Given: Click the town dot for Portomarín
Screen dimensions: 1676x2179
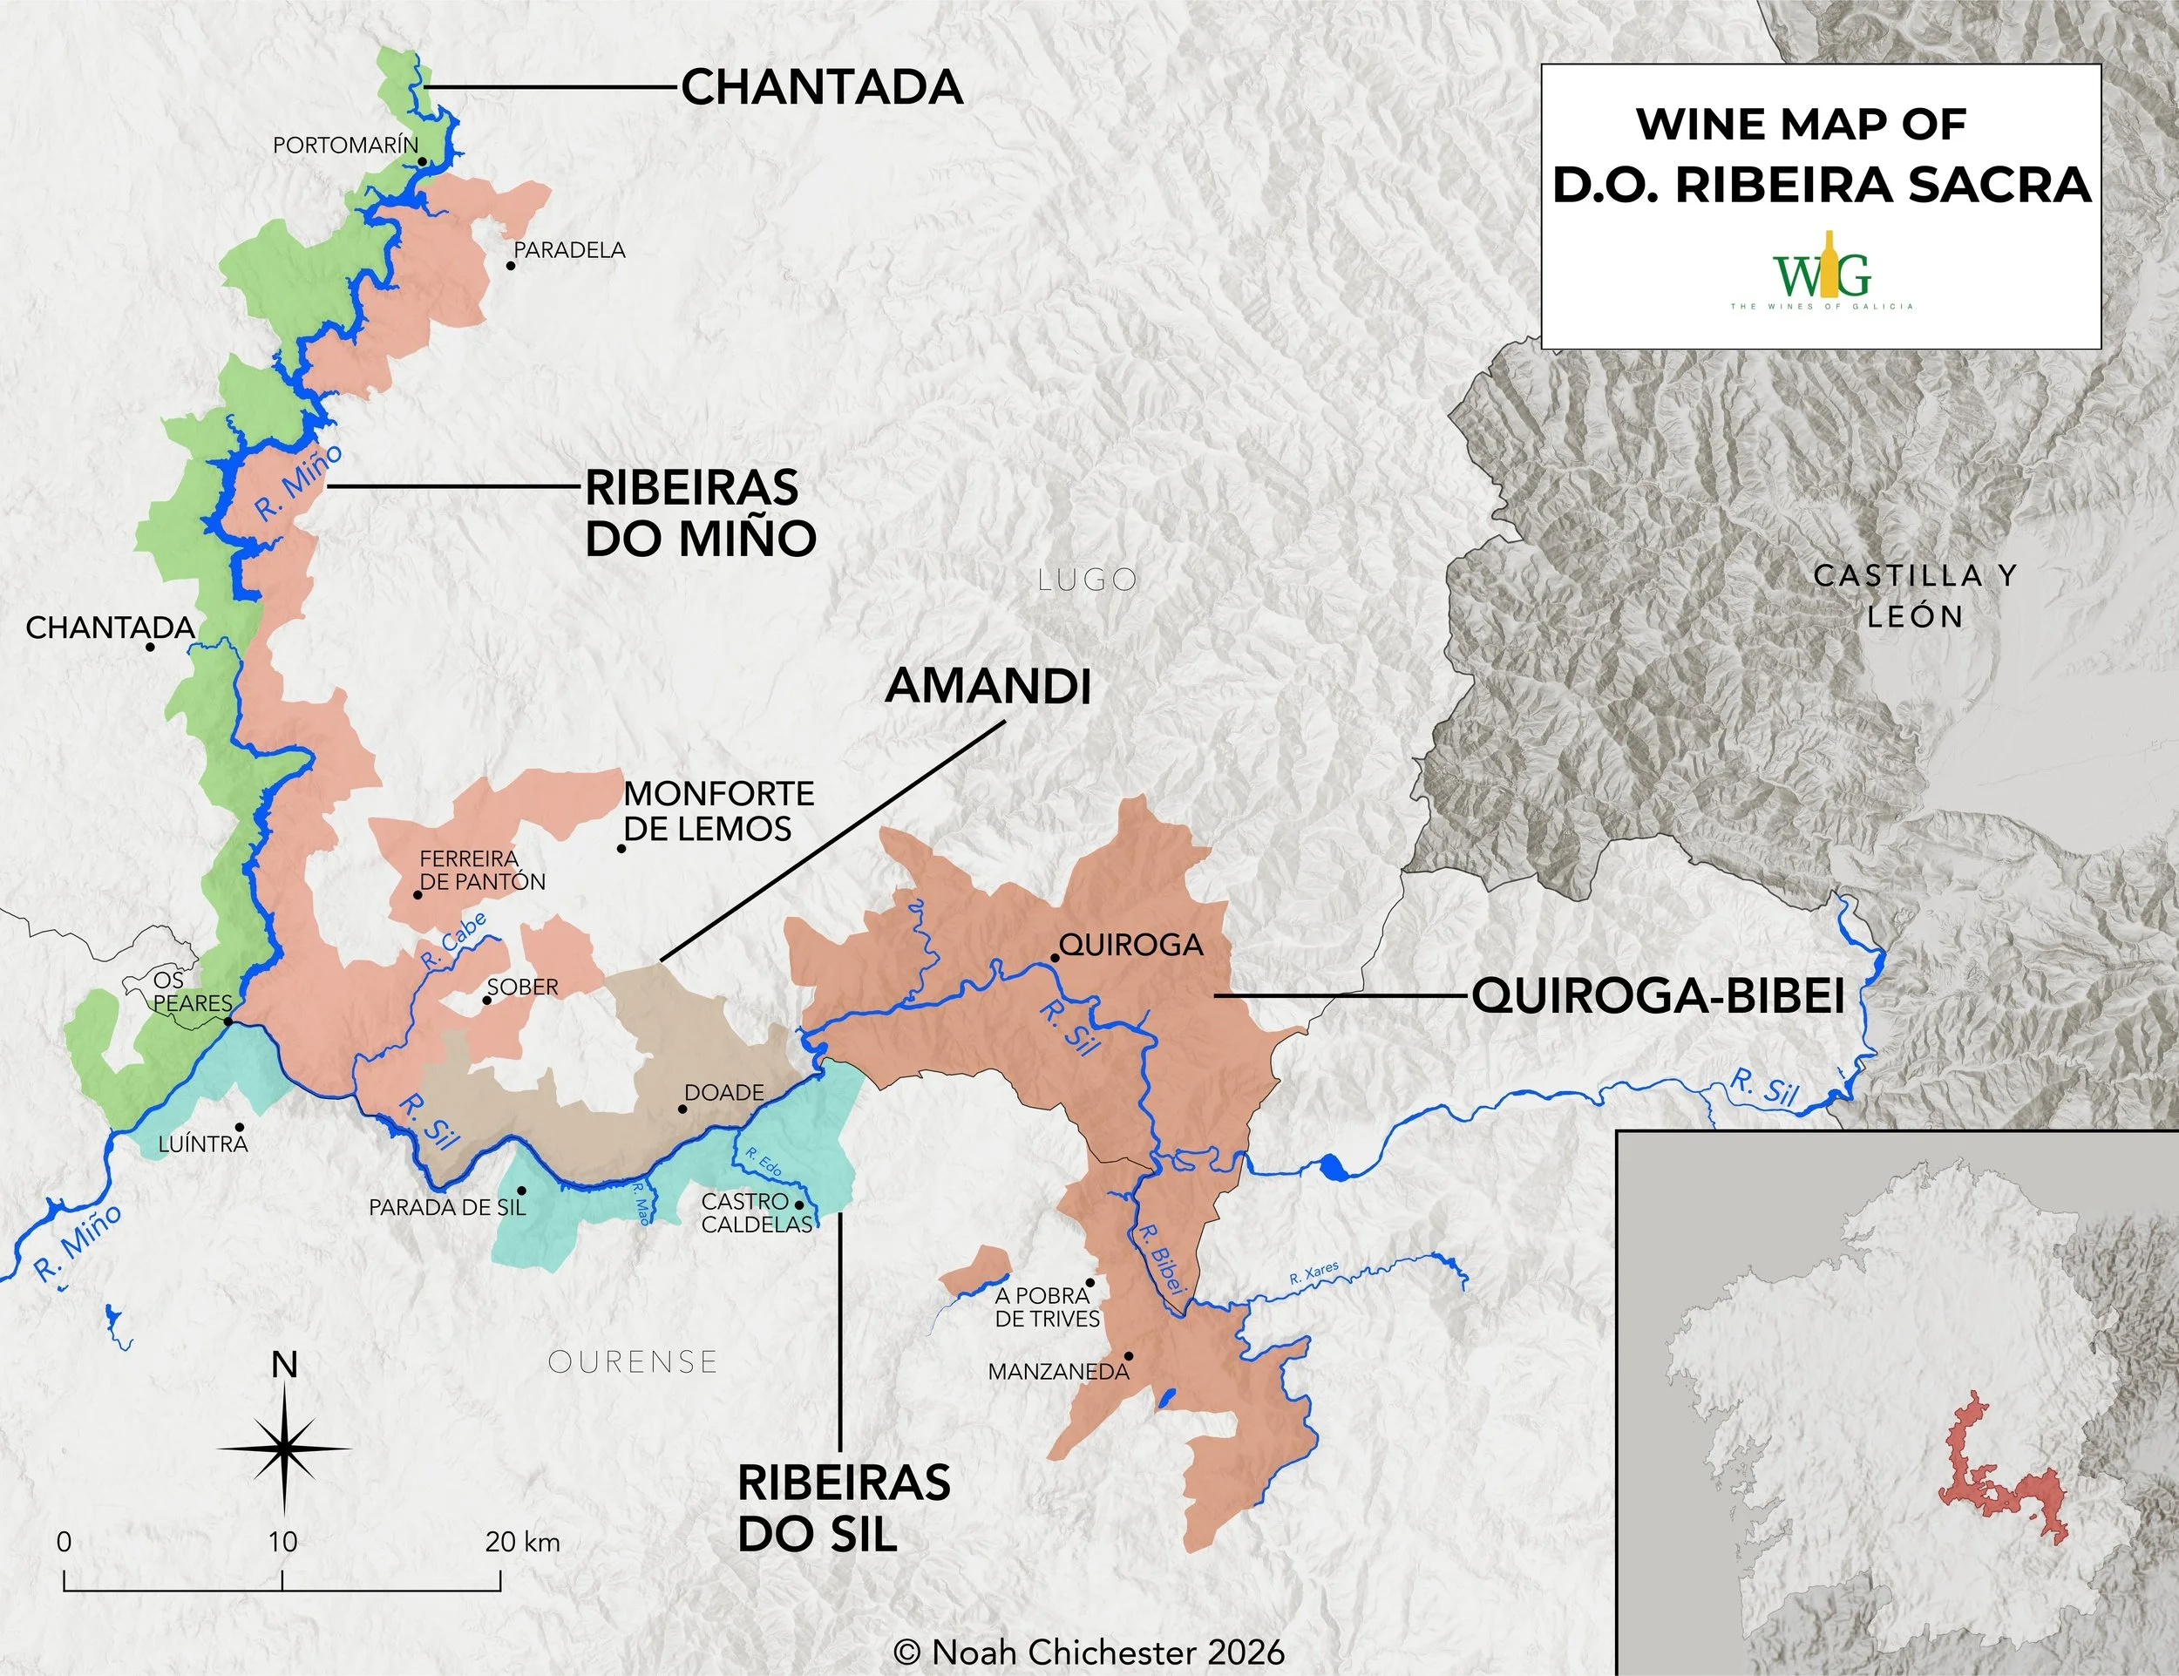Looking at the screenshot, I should (423, 161).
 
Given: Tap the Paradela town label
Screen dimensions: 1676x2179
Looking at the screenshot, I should (570, 250).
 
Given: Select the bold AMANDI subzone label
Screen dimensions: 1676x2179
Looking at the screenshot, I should (988, 687).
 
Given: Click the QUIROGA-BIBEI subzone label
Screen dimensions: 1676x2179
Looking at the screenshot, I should (1658, 995).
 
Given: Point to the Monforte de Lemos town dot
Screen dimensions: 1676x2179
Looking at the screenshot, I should (621, 849).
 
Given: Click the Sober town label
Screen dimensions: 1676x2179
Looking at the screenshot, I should (523, 987).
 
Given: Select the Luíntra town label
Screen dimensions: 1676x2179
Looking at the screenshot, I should (202, 1144).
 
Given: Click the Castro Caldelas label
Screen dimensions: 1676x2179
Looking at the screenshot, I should (757, 1213).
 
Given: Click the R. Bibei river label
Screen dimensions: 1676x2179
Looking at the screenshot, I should (1160, 1260).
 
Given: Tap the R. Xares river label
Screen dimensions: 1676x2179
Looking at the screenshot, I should (1313, 1274).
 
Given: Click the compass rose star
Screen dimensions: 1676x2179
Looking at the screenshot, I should (284, 1447).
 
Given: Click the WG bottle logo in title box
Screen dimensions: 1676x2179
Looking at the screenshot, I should (1821, 270).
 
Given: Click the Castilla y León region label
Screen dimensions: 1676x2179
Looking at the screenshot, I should (1915, 595).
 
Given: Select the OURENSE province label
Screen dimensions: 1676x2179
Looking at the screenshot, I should (633, 1361).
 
